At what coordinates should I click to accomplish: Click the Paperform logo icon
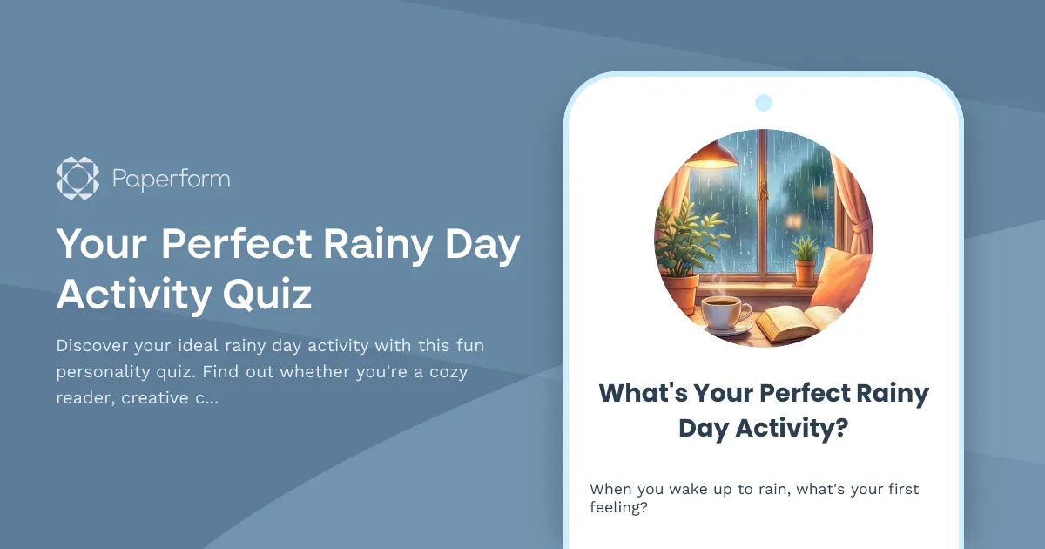tap(78, 179)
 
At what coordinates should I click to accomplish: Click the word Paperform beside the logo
tap(171, 180)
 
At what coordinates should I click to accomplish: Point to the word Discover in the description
tap(90, 345)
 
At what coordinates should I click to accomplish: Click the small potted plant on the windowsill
tap(806, 260)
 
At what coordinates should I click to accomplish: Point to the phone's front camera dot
tap(764, 103)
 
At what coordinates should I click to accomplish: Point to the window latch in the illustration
tap(764, 189)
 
